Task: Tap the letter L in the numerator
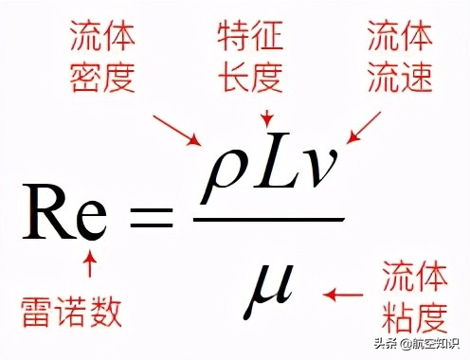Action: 269,171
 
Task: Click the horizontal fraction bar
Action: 269,220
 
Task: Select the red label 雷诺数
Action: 70,310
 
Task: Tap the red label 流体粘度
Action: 414,293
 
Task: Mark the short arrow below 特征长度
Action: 268,116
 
